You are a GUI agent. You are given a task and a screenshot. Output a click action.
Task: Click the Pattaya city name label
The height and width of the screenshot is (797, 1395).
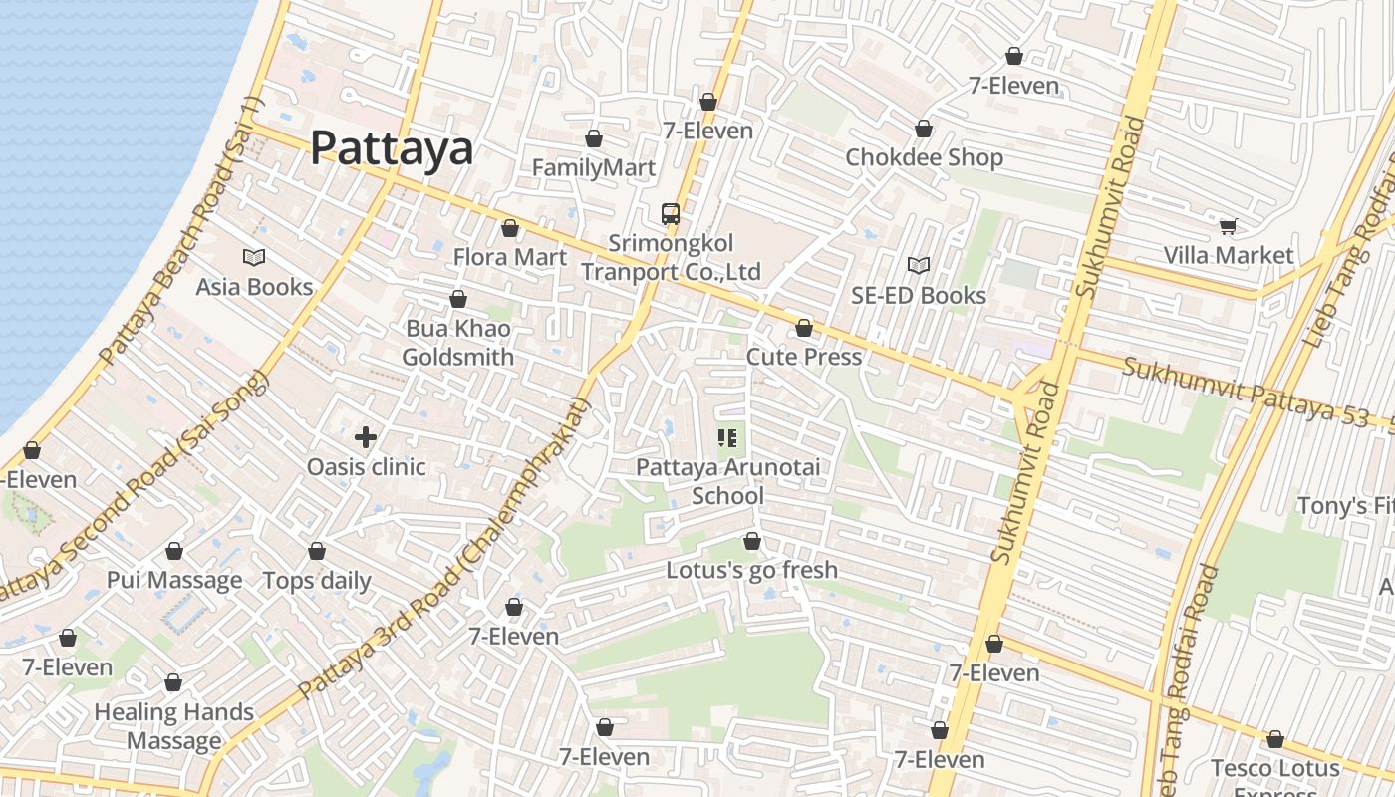click(x=391, y=148)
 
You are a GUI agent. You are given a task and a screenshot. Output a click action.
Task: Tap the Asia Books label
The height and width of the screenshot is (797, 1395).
click(x=254, y=287)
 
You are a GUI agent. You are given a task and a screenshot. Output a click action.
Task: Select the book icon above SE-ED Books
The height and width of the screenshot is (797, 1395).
click(x=918, y=266)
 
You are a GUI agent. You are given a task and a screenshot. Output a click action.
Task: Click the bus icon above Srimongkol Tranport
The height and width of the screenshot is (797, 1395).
click(x=671, y=214)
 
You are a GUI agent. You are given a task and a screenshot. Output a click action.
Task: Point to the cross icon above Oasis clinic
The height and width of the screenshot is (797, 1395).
click(x=366, y=437)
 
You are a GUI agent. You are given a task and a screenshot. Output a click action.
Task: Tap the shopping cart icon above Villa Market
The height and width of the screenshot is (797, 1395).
click(x=1228, y=226)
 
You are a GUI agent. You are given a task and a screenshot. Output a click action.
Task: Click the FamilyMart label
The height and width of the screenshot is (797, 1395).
click(x=593, y=167)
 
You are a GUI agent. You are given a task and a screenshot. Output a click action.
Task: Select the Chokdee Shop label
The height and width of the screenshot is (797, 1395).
click(x=924, y=157)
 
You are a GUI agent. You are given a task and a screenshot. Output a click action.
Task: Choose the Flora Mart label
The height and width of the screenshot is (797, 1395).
click(x=509, y=257)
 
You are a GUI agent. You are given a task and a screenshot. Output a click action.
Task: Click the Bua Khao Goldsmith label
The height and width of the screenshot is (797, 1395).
click(x=458, y=343)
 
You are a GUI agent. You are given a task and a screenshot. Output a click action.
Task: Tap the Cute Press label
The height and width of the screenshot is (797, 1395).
click(x=803, y=357)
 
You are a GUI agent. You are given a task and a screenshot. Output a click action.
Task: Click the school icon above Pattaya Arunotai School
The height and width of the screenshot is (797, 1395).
click(x=726, y=437)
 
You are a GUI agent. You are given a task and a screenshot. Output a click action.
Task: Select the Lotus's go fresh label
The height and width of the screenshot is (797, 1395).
click(x=751, y=571)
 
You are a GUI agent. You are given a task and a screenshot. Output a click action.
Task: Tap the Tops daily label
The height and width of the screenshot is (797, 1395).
click(x=316, y=581)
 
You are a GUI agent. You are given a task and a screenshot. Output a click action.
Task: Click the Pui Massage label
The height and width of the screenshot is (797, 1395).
click(x=174, y=580)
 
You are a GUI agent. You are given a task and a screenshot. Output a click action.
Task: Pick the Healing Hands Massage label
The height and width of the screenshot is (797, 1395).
click(x=173, y=726)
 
